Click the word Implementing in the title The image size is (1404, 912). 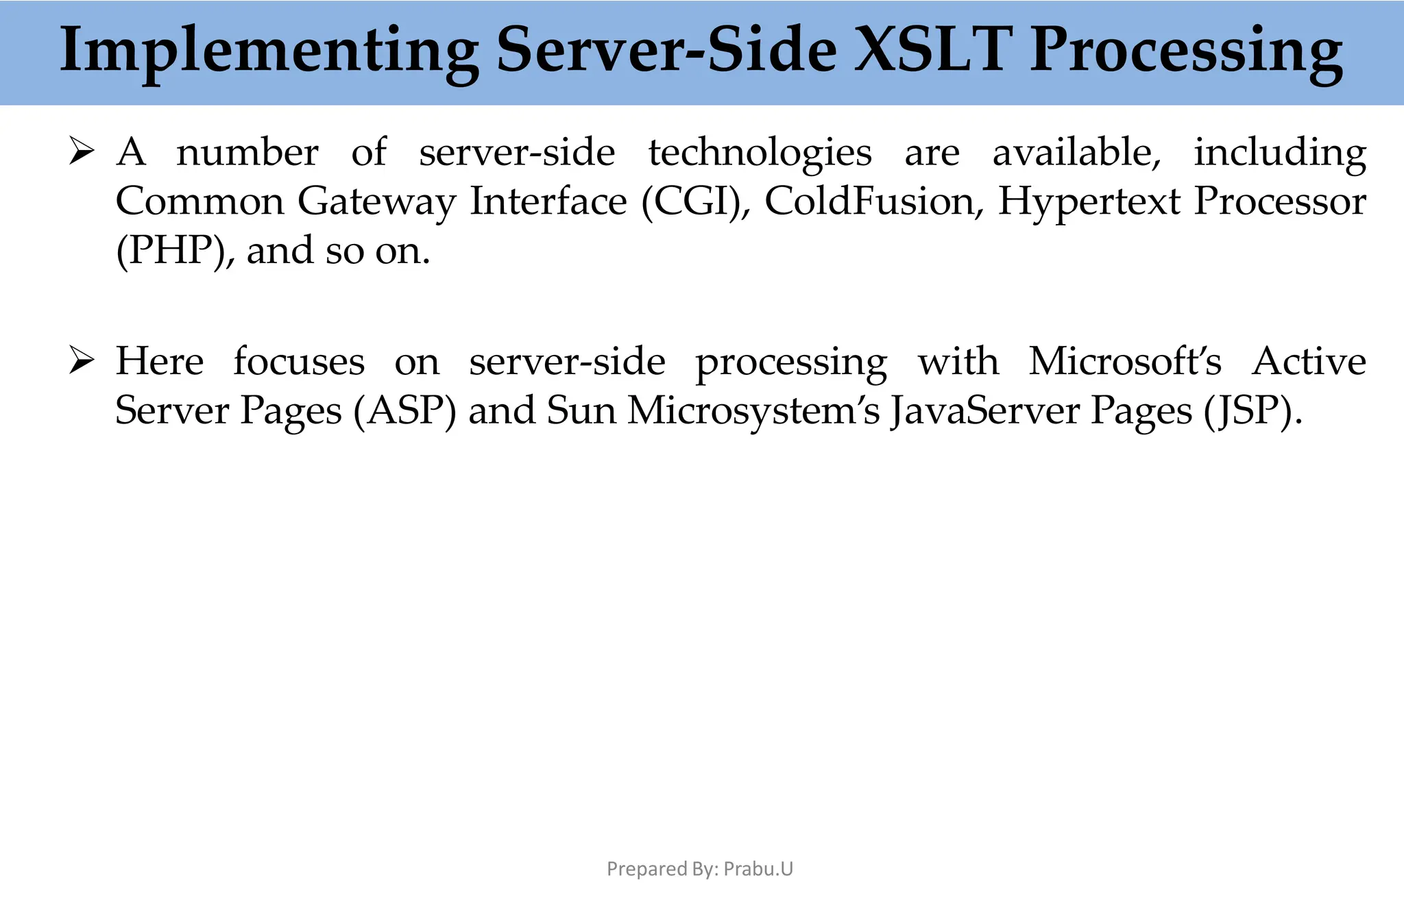[269, 51]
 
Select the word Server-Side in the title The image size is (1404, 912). [666, 51]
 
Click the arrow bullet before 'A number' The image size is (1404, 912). [81, 151]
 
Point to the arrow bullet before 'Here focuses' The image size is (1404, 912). [81, 361]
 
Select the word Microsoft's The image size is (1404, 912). [1124, 361]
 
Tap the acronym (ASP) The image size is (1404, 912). [404, 411]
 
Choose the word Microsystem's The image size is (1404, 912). [753, 411]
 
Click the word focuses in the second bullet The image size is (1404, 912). [299, 361]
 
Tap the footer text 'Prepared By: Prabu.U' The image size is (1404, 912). [700, 869]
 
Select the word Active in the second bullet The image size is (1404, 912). [1309, 361]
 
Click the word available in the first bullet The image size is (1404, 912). [1076, 152]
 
